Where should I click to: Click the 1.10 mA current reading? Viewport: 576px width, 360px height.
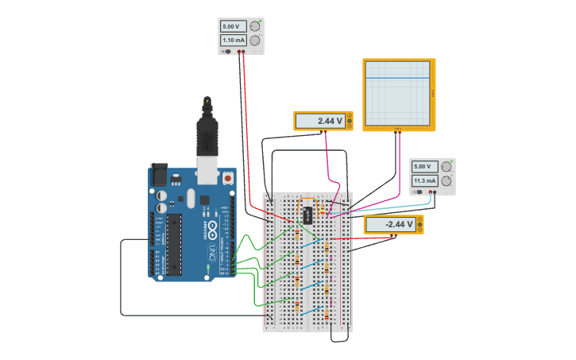click(233, 40)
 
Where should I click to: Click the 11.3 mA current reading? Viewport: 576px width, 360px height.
click(423, 180)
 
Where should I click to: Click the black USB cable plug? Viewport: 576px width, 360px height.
click(207, 135)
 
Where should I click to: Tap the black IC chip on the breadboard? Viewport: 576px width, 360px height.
click(307, 215)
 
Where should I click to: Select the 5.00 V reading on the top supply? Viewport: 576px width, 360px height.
click(233, 25)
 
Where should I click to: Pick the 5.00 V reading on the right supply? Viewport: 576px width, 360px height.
click(423, 166)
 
